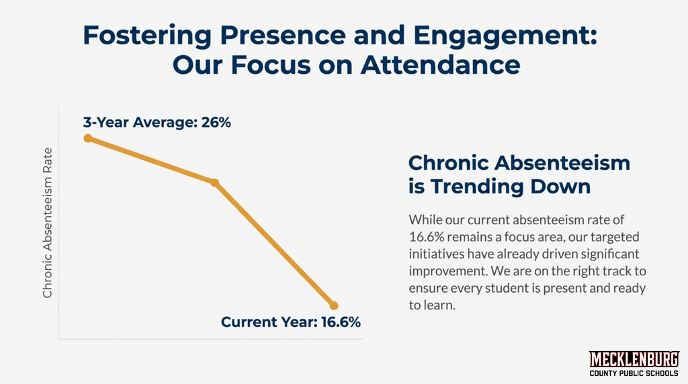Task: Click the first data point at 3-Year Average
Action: pyautogui.click(x=87, y=138)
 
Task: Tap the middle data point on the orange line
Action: pyautogui.click(x=214, y=183)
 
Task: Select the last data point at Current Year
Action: pyautogui.click(x=334, y=305)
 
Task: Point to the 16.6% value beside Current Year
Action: pyautogui.click(x=341, y=322)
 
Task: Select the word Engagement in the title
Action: pyautogui.click(x=501, y=36)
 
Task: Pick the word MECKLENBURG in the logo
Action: pyautogui.click(x=634, y=359)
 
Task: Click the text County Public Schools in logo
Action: pyautogui.click(x=634, y=373)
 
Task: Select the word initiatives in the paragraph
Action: pyautogui.click(x=435, y=254)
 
